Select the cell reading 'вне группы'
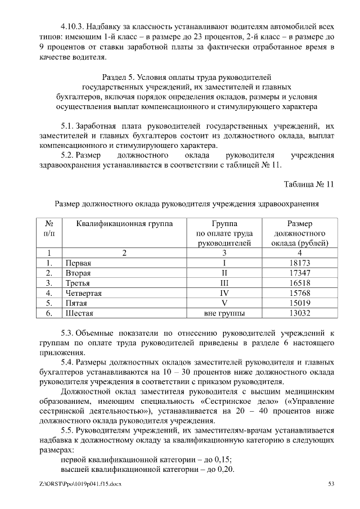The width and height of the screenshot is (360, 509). click(x=224, y=313)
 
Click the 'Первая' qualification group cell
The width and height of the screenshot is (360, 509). click(x=78, y=263)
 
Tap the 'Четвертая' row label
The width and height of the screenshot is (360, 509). click(x=84, y=293)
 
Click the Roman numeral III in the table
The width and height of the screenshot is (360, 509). click(x=224, y=283)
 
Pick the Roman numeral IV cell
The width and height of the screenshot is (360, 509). click(x=224, y=293)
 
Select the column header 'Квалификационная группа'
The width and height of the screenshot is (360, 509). click(x=124, y=223)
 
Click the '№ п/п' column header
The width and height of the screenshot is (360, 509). click(x=49, y=228)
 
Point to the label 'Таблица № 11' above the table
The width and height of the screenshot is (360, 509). click(x=309, y=184)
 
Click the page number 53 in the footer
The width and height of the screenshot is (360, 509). click(x=331, y=484)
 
